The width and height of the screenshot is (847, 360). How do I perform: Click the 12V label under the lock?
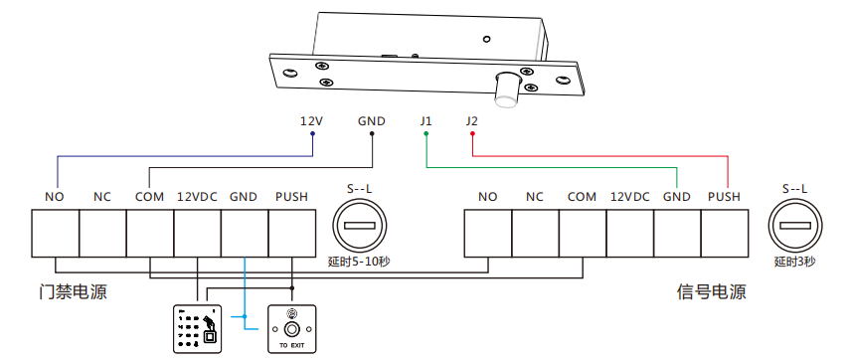click(x=311, y=121)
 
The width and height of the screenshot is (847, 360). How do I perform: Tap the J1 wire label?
click(x=425, y=121)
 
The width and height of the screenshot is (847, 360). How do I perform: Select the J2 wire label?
click(x=471, y=121)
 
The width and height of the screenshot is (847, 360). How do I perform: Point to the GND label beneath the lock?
click(x=371, y=121)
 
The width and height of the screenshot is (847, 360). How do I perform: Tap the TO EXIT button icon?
click(x=291, y=328)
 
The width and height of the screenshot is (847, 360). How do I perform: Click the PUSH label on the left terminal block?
click(x=292, y=197)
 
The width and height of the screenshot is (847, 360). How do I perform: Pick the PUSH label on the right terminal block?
click(x=724, y=197)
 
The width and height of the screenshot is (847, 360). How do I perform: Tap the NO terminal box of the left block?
click(x=55, y=234)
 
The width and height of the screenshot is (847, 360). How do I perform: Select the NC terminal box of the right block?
click(x=535, y=234)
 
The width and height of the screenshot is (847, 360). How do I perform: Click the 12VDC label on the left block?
click(x=197, y=197)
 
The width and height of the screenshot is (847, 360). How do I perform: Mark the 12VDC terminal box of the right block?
click(x=629, y=234)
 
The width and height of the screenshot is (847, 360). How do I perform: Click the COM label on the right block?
click(x=582, y=197)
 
